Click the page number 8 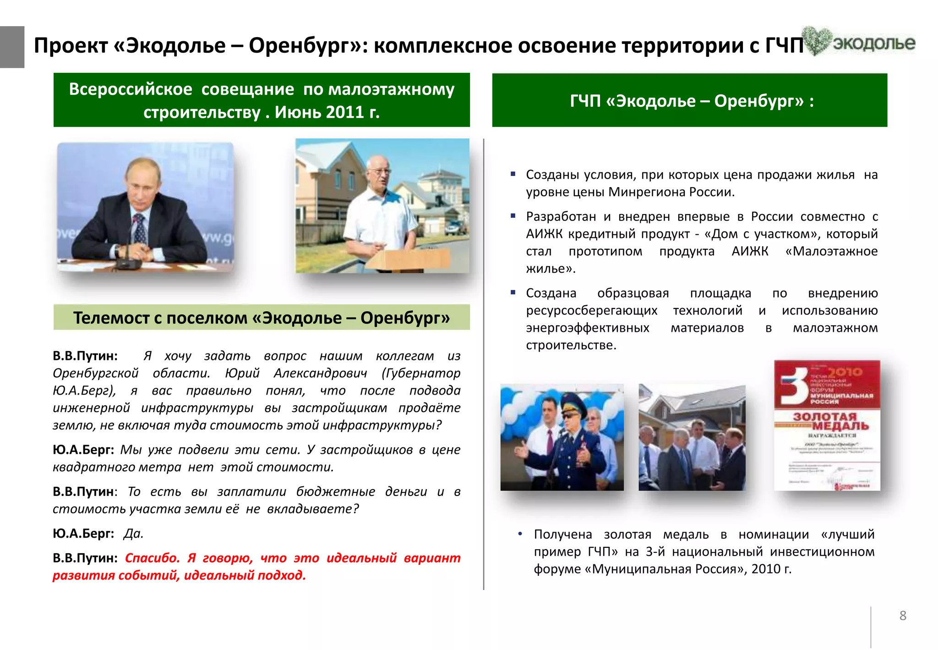pos(902,616)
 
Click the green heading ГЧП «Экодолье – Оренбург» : pos(691,101)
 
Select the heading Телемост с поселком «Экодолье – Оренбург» pos(262,318)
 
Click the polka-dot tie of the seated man pos(139,229)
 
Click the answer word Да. pos(133,534)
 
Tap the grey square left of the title pos(12,47)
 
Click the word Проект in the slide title pos(71,46)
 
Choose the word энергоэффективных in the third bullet pos(587,328)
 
